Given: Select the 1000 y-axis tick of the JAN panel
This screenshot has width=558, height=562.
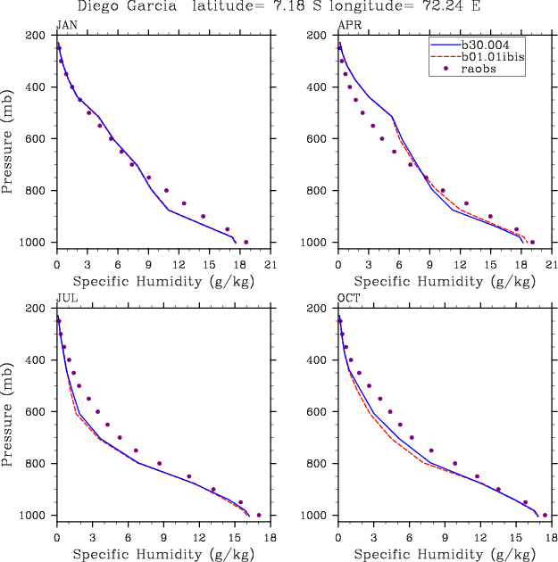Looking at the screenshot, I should pos(37,243).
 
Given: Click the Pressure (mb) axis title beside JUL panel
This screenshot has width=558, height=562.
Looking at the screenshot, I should pos(10,412).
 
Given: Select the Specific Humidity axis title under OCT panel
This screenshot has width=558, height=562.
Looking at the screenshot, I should pos(444,553).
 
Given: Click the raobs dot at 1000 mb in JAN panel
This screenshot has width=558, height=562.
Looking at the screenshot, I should pos(246,242).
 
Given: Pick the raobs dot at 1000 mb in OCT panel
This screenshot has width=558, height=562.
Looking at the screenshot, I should pos(545,515).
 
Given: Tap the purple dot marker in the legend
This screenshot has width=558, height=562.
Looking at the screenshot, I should pos(446,69).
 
